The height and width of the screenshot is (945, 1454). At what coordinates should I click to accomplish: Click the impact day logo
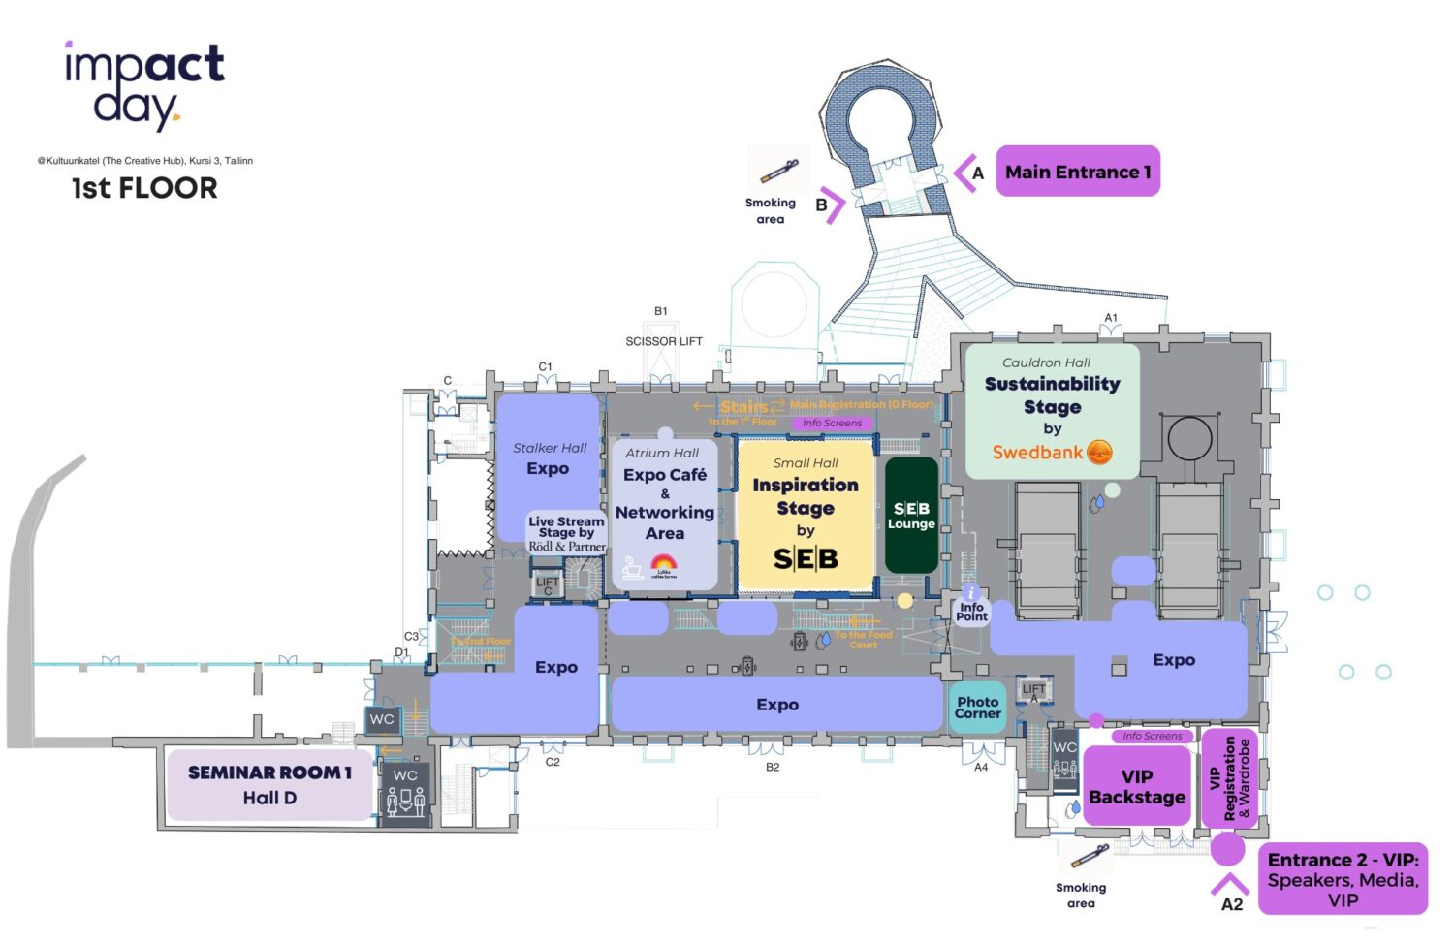point(144,84)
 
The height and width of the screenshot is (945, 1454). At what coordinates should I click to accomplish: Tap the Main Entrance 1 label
point(1077,172)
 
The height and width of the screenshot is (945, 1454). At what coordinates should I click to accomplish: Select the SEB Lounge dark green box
point(911,515)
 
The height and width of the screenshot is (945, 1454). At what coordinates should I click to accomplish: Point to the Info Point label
point(971,611)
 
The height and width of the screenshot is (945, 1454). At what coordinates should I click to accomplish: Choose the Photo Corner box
point(977,708)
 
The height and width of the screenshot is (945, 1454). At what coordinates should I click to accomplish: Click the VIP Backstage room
point(1136,786)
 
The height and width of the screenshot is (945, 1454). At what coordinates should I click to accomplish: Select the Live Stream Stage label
point(566,533)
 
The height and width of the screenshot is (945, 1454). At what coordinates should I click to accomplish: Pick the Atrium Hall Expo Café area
point(664,514)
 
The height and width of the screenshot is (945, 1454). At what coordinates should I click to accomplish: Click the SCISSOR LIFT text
point(664,341)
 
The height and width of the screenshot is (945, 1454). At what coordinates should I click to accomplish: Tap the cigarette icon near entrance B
point(778,172)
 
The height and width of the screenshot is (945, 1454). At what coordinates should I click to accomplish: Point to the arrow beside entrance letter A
point(964,173)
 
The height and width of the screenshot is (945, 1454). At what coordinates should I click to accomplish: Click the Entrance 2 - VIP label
point(1343,879)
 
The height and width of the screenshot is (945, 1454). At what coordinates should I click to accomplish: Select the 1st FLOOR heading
point(144,188)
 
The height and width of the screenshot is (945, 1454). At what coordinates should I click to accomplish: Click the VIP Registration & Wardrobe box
point(1229,778)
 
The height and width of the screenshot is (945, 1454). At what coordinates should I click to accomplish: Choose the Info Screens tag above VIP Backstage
point(1152,736)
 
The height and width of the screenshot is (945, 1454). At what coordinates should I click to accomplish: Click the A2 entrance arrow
point(1230,883)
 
